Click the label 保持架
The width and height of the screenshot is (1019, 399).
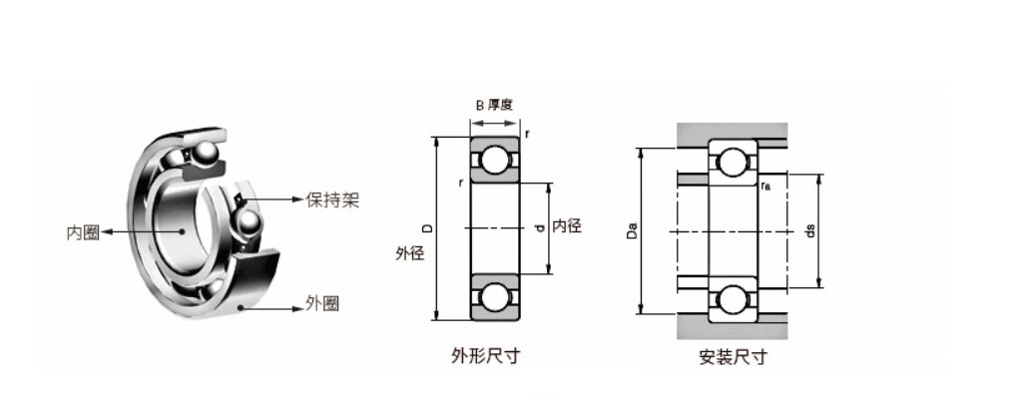click(332, 200)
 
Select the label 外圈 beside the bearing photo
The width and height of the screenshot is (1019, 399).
click(321, 303)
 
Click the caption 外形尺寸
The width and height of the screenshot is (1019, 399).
click(486, 355)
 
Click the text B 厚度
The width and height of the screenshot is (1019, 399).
click(494, 104)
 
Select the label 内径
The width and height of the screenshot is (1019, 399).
click(567, 226)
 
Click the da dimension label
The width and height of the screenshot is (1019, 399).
click(811, 230)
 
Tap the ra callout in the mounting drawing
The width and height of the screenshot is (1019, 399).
click(764, 186)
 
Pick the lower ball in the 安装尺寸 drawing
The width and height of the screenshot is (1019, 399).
click(733, 298)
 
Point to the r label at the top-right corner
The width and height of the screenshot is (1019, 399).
click(526, 133)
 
